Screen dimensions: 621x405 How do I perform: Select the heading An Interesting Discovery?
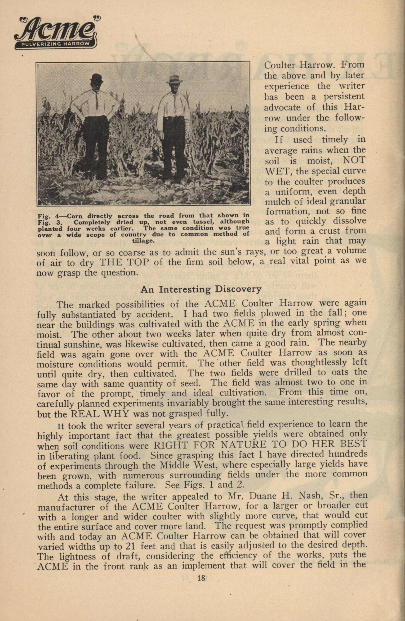(201, 289)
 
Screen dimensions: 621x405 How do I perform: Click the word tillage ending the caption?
(143, 241)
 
